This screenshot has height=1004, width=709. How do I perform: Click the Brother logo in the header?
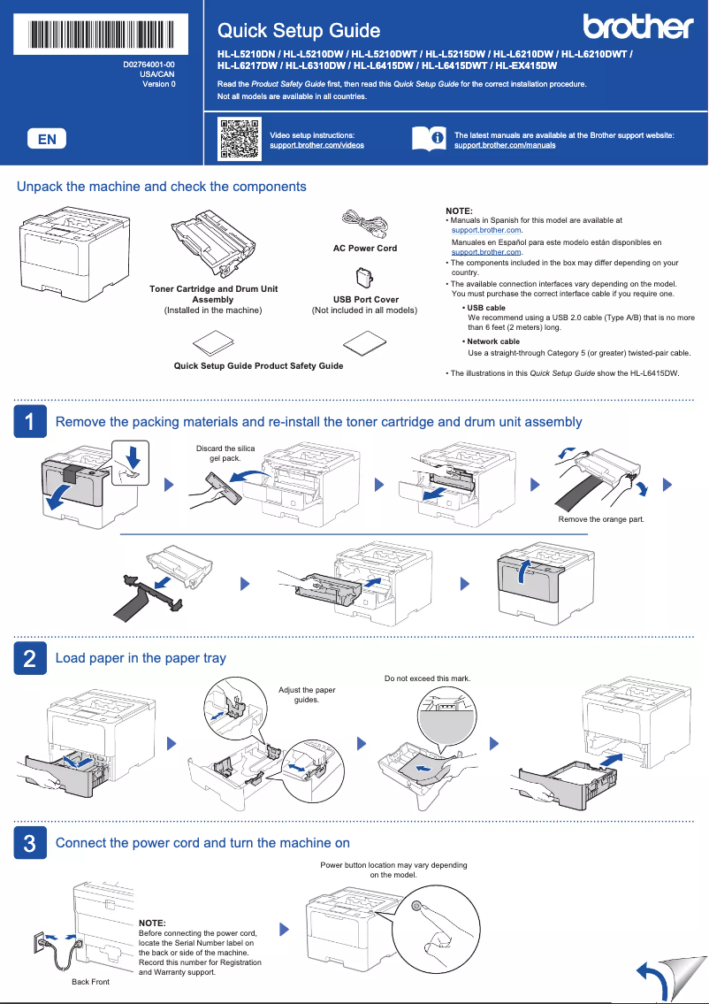637,27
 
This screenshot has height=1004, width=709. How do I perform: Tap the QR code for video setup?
238,139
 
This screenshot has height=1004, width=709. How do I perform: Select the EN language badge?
47,139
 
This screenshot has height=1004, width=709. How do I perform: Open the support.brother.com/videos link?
316,145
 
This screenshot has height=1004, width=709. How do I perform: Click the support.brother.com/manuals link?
504,145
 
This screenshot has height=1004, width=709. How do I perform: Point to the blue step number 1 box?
29,422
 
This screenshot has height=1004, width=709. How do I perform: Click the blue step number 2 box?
29,658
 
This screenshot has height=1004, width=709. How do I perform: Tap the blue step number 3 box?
29,843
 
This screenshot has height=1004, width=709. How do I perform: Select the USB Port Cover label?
365,300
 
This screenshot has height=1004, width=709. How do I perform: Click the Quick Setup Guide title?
299,31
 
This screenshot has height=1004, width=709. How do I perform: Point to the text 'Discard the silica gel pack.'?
225,454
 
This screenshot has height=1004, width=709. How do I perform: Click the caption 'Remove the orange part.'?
601,519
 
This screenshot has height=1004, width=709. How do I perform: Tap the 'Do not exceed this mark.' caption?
427,678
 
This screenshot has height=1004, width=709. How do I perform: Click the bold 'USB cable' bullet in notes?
486,308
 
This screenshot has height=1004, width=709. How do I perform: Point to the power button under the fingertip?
415,904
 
